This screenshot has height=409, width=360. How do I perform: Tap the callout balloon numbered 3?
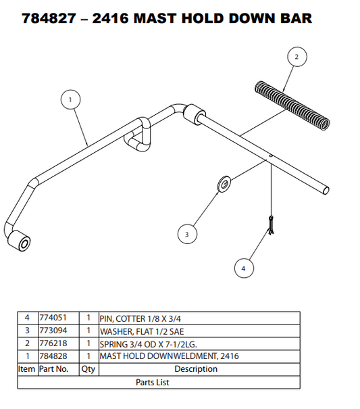(187, 235)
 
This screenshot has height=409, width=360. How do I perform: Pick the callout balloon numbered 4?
(244, 268)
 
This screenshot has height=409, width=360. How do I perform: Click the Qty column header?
(88, 369)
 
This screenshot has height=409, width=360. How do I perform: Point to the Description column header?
(196, 369)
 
